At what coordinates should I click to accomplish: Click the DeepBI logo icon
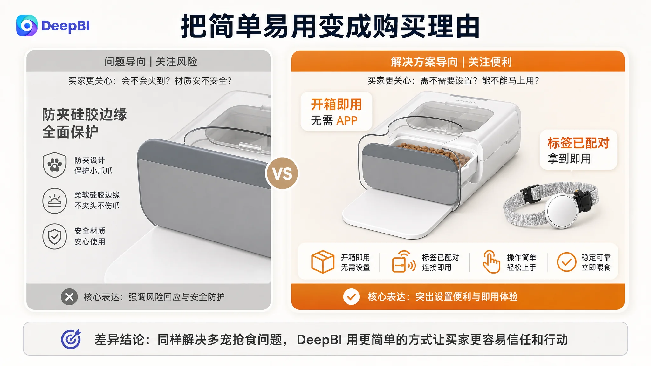27,25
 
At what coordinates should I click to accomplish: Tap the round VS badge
282,173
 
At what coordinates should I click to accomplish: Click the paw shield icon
55,165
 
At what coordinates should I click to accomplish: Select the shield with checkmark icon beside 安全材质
55,236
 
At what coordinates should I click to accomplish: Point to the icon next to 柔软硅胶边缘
55,201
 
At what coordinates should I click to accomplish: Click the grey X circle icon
69,297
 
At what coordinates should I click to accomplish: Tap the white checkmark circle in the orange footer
351,297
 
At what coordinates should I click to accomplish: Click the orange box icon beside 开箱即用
323,262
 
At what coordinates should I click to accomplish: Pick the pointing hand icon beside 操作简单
491,261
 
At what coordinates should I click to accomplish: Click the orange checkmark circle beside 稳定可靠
566,262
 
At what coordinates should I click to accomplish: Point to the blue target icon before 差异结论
71,339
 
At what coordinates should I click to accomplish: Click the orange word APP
347,121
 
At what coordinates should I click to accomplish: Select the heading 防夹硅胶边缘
85,114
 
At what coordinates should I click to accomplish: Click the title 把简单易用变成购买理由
330,26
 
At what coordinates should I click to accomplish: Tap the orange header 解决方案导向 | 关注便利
451,62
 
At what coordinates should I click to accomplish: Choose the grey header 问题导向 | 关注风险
151,61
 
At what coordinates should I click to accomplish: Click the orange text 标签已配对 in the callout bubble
579,143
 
